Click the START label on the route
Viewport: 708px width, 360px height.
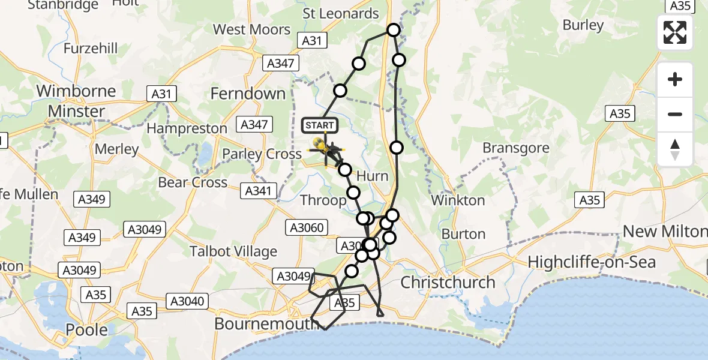point(320,125)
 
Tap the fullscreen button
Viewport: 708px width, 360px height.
point(675,32)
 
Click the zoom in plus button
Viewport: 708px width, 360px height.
point(675,79)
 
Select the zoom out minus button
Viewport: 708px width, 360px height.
point(675,114)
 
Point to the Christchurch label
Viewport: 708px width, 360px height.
point(448,282)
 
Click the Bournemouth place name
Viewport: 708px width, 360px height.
point(266,324)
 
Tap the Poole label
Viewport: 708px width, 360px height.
point(86,329)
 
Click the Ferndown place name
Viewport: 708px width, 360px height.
point(248,94)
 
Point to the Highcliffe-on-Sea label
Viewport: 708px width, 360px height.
point(592,262)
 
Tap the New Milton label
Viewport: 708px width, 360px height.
point(665,231)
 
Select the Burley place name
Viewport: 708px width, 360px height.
point(583,25)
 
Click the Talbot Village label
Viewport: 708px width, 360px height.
point(233,251)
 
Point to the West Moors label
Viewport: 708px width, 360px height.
point(252,29)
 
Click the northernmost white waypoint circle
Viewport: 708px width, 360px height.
point(394,30)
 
